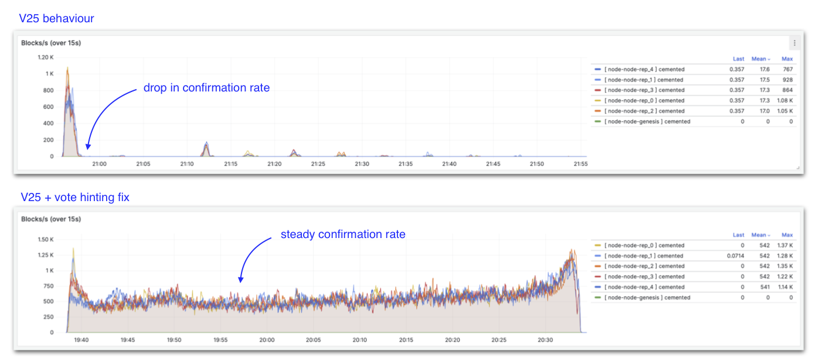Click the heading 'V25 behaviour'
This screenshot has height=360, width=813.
(x=56, y=18)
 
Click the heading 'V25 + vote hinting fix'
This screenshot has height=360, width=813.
(x=75, y=198)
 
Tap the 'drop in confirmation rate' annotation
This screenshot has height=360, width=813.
(x=206, y=88)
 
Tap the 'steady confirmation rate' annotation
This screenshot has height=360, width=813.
(x=343, y=235)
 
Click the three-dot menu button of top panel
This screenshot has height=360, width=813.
(x=795, y=43)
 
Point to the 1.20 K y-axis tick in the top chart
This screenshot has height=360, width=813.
(x=46, y=57)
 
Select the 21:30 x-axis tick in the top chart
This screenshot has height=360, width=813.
(x=362, y=164)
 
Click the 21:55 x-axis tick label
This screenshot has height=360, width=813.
(x=580, y=164)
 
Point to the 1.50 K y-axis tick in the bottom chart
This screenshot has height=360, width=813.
(x=46, y=239)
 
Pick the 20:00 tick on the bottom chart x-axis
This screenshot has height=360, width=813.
(x=267, y=340)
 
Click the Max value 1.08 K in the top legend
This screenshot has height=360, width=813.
(x=786, y=100)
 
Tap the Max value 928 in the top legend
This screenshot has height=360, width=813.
(x=788, y=80)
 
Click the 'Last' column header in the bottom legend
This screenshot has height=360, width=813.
(x=739, y=235)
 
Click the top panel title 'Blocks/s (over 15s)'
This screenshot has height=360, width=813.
(x=50, y=43)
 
